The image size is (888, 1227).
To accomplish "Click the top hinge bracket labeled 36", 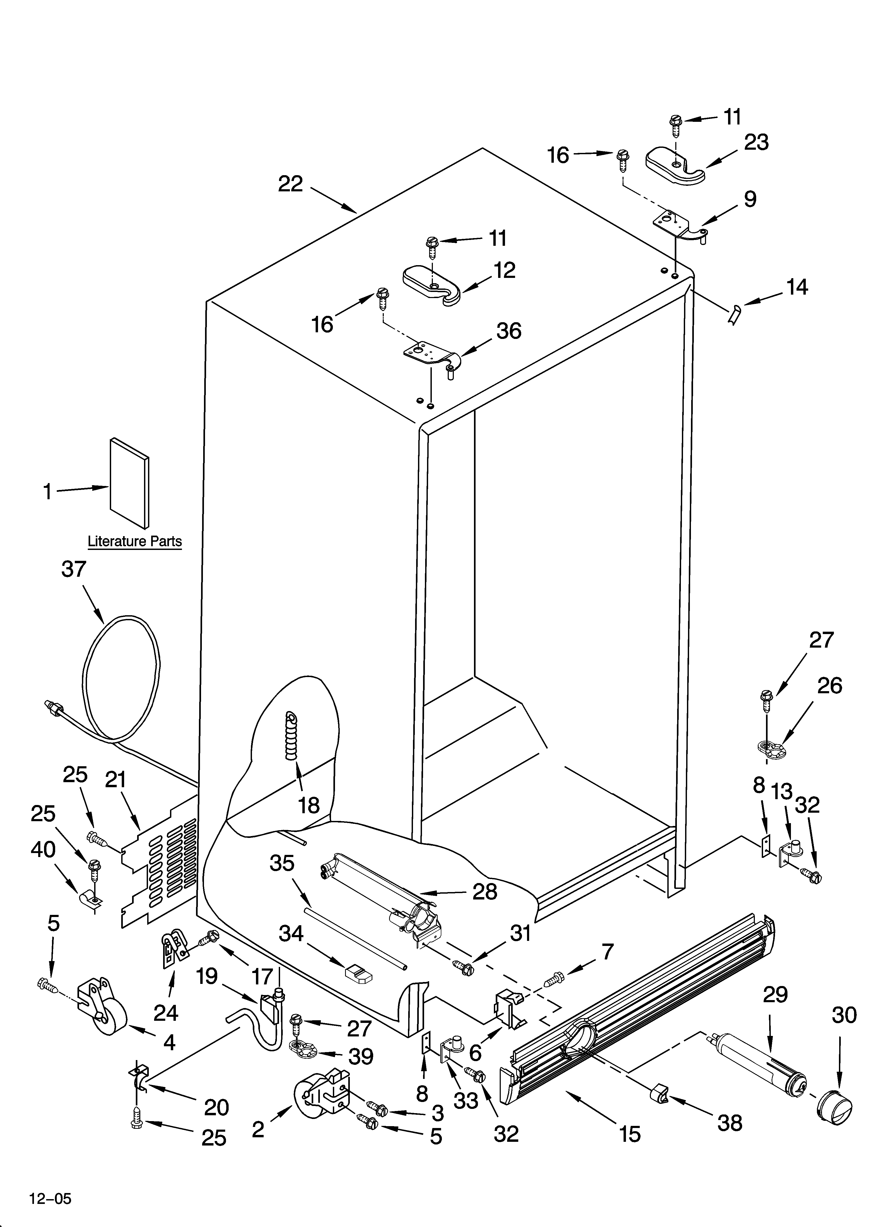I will point(431,355).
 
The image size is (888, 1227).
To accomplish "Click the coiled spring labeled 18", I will point(292,737).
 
